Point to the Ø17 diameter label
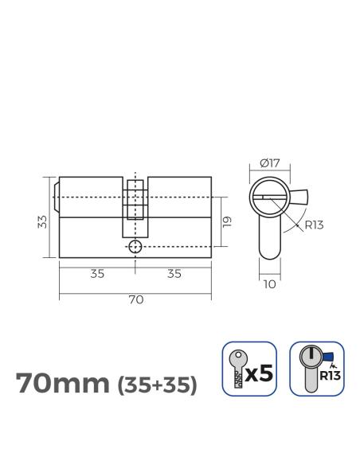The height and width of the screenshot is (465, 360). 270,165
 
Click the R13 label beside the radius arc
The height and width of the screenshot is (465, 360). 314,225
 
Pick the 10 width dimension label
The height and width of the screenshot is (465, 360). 270,282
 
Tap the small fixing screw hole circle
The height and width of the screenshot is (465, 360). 135,246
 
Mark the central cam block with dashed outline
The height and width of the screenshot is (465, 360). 135,199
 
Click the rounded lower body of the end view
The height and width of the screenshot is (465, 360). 270,239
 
